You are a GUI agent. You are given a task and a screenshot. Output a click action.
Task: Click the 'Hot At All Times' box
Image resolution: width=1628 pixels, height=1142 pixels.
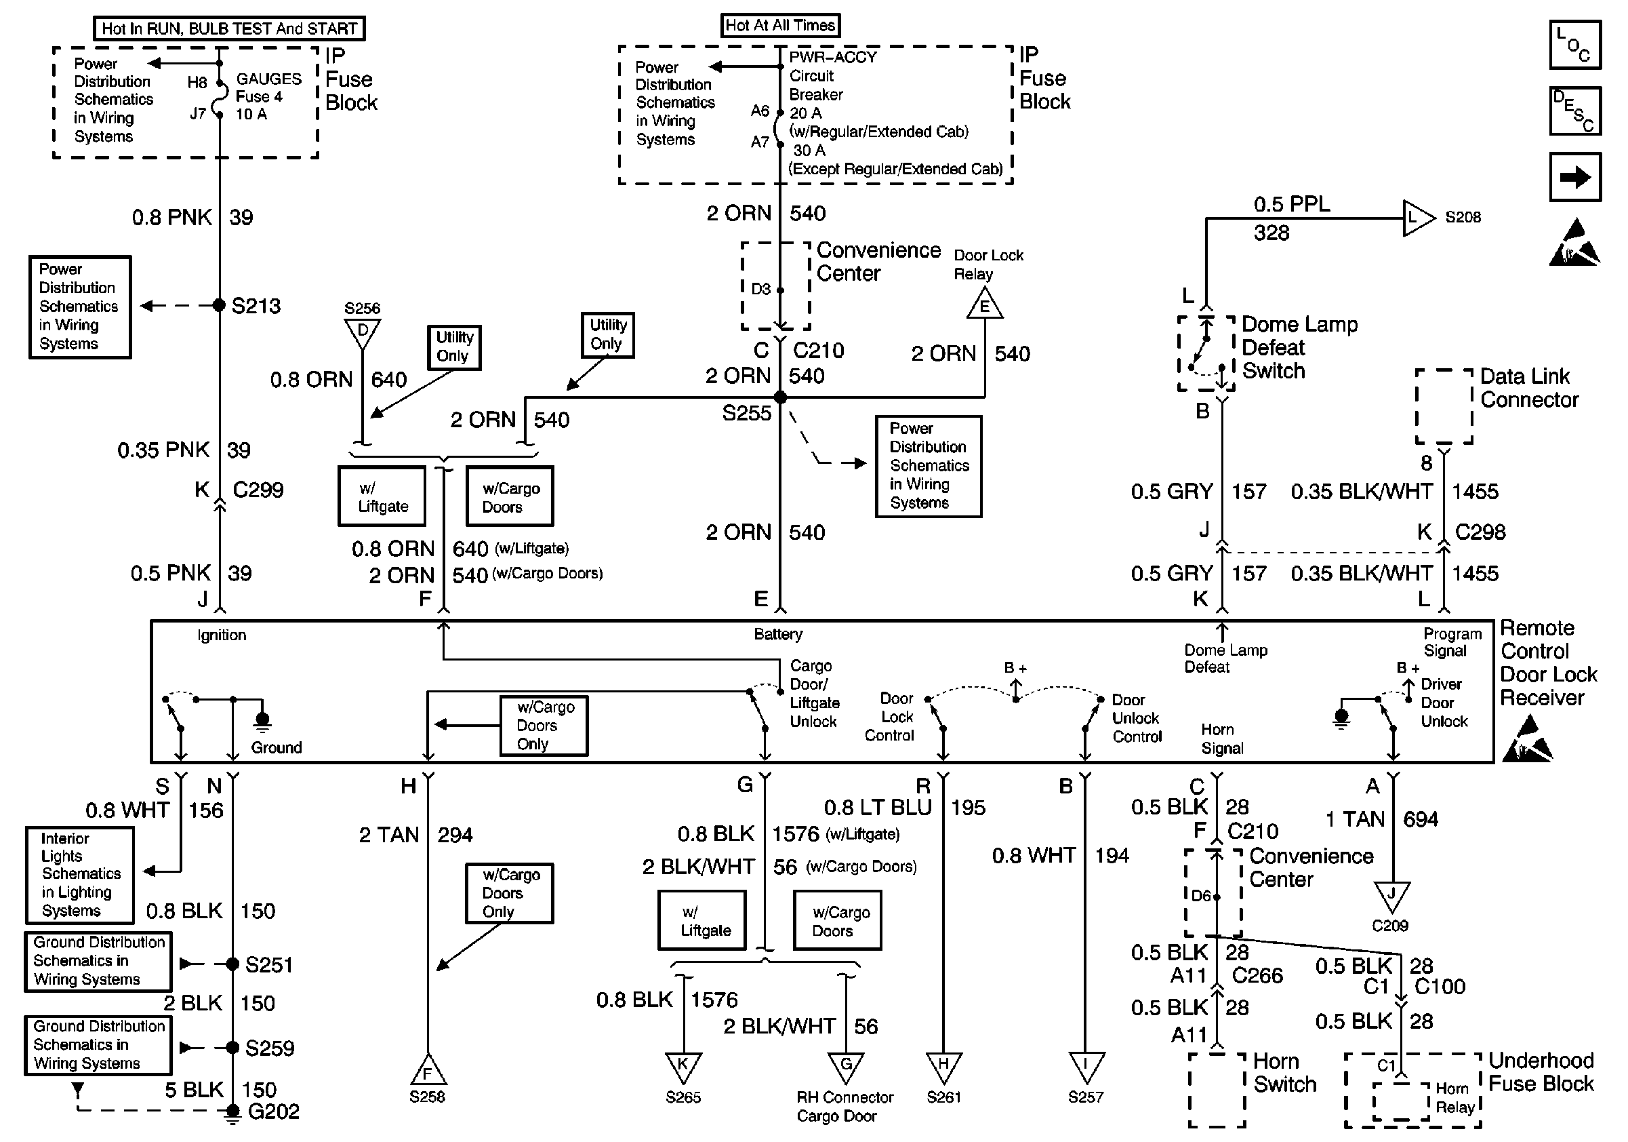pos(780,26)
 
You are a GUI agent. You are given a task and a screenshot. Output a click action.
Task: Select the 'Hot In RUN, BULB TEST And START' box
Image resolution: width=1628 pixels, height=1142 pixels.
pos(229,28)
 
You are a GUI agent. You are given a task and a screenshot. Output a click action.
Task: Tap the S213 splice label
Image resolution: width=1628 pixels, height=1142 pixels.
pos(256,307)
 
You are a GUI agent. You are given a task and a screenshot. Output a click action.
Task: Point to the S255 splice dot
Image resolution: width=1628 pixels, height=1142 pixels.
pos(780,397)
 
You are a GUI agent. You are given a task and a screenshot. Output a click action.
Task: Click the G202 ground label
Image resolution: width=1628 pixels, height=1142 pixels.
pos(273,1111)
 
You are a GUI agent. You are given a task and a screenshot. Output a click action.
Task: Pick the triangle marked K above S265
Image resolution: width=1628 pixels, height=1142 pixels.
pos(683,1066)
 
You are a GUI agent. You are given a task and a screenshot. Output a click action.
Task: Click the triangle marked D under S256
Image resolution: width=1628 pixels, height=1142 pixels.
pos(363,332)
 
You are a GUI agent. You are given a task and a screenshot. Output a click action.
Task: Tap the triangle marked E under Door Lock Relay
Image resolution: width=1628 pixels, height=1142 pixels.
pos(984,306)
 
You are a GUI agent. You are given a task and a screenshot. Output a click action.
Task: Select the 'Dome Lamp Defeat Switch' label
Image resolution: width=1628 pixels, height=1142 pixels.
pos(1299,348)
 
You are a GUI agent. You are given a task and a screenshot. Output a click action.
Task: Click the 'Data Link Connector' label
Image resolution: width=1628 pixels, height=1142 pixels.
pos(1529,388)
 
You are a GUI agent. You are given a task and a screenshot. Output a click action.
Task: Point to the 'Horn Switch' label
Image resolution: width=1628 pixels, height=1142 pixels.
pos(1284,1072)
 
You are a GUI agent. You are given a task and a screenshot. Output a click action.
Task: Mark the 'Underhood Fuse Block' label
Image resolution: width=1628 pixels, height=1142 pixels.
pos(1541,1071)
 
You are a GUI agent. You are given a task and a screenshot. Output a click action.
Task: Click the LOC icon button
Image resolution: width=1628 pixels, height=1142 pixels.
pos(1575,45)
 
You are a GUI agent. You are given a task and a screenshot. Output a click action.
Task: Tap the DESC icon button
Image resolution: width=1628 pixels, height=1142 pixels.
pos(1575,111)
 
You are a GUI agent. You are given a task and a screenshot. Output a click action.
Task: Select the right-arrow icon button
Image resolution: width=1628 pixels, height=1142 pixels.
pos(1575,176)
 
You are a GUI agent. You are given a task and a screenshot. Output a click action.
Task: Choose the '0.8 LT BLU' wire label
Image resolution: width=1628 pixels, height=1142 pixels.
pos(877,807)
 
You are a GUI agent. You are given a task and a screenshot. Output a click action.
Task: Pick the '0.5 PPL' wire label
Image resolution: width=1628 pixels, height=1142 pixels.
pos(1291,204)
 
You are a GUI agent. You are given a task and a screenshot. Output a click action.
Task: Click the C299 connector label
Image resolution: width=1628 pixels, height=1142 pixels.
pos(258,490)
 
